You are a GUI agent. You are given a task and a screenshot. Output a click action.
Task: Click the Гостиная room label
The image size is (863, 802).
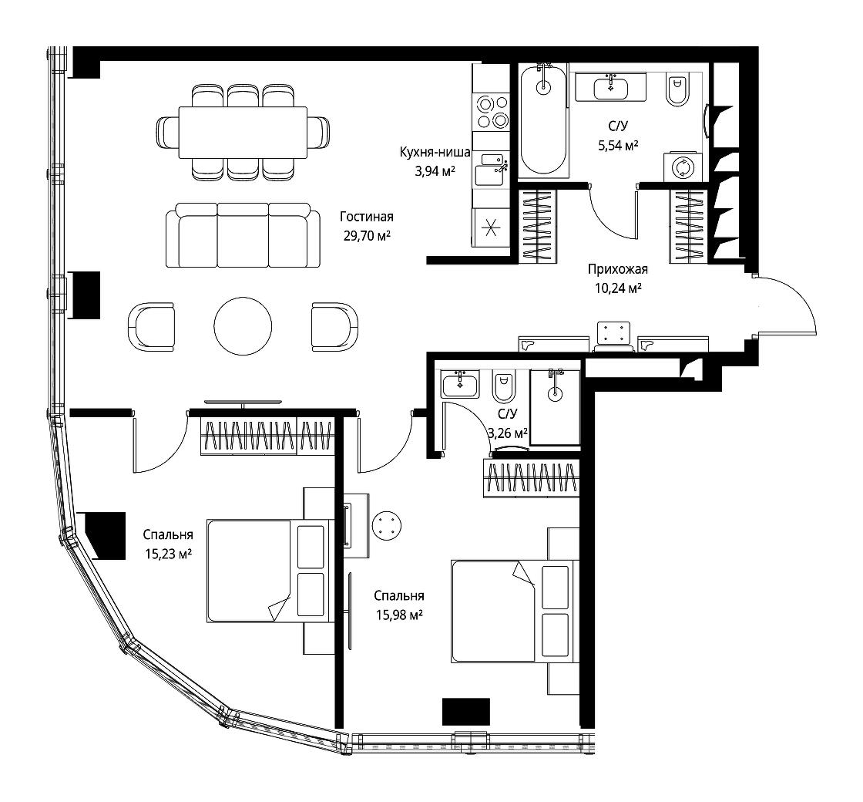click(x=367, y=217)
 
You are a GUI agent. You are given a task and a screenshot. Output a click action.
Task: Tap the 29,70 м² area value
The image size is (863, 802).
click(x=367, y=236)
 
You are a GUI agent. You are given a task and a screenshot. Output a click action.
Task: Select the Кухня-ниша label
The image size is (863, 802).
click(x=435, y=152)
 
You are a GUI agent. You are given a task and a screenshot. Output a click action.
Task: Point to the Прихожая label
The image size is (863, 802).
click(x=617, y=269)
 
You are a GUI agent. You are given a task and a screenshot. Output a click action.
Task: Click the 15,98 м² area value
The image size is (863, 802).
click(x=399, y=615)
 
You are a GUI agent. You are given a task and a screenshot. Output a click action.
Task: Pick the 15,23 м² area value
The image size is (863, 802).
click(x=168, y=554)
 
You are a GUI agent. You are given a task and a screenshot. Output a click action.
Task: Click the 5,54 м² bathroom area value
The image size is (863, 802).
click(x=618, y=146)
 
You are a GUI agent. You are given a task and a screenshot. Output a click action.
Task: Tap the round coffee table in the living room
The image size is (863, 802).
click(x=243, y=327)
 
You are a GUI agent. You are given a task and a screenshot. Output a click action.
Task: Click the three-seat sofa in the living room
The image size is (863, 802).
click(x=243, y=234)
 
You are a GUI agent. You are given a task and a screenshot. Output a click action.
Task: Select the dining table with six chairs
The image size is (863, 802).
click(x=243, y=132)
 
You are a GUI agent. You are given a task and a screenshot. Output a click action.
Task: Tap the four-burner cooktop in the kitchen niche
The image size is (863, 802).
click(x=492, y=112)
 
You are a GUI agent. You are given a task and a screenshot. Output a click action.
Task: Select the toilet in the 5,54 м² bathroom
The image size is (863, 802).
click(x=677, y=91)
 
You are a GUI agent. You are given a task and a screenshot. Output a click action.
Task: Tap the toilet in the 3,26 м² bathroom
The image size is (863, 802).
click(x=503, y=386)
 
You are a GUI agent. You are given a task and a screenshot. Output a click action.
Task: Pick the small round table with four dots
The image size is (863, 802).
click(x=387, y=525)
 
